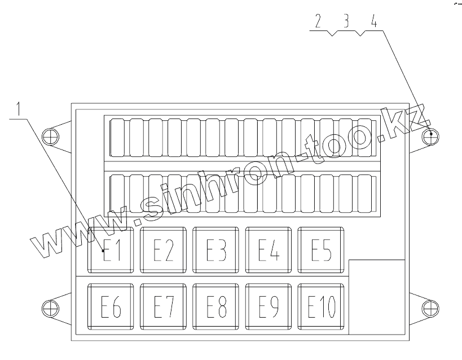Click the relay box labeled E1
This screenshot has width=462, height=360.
112,249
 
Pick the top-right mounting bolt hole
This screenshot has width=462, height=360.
432,135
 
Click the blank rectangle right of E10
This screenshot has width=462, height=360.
377,297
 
